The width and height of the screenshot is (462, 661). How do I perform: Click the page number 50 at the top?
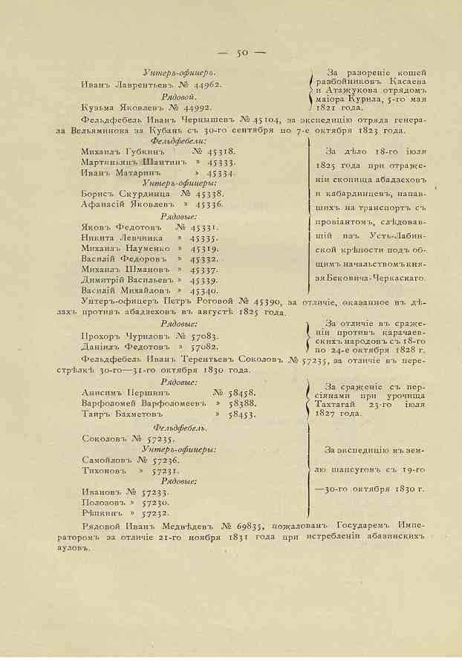pos(242,53)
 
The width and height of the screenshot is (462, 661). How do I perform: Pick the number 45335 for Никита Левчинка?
pos(204,238)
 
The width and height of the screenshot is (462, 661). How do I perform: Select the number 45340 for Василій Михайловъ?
pos(204,292)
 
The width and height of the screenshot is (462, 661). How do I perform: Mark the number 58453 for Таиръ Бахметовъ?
pos(241,415)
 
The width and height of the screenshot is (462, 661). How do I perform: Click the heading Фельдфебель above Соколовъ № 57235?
pos(180,429)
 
